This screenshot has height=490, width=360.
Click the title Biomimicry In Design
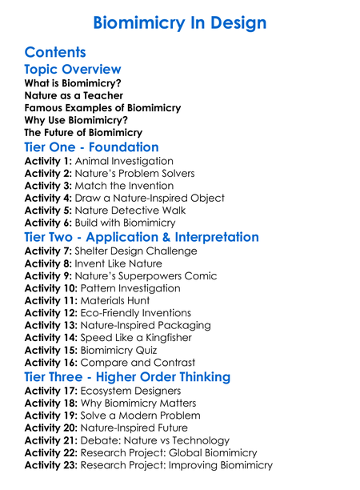tap(179, 22)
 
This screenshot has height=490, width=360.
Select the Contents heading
tap(55, 53)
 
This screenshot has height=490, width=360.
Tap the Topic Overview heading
tap(73, 70)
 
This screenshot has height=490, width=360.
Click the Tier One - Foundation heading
tap(91, 147)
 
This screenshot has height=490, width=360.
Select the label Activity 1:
tap(48, 161)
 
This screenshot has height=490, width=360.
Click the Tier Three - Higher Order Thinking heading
tap(138, 376)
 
